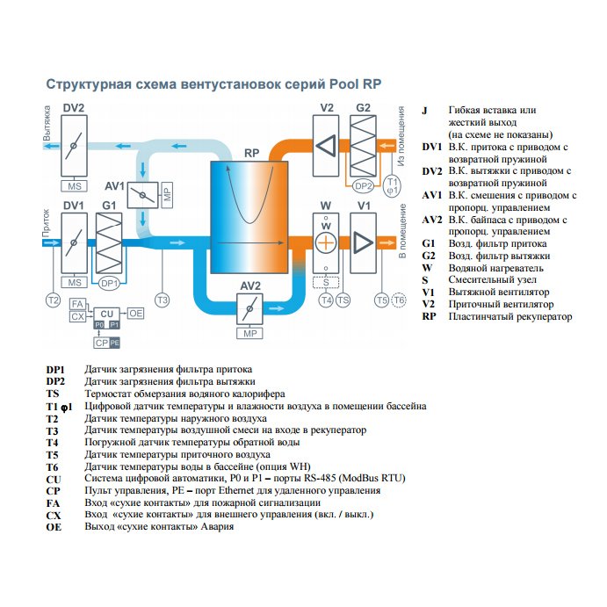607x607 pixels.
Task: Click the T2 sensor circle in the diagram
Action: [53, 300]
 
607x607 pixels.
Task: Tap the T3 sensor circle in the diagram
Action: [163, 300]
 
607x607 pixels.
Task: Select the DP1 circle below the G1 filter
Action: [109, 283]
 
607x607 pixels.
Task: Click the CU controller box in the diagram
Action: [106, 314]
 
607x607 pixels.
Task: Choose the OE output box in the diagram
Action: [136, 313]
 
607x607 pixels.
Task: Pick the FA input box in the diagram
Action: [77, 303]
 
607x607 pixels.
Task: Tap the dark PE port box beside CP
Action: [114, 342]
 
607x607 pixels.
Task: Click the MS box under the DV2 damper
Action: [75, 186]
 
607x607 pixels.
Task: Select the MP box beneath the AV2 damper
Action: [250, 334]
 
